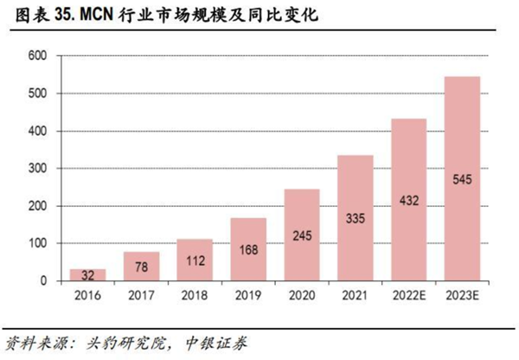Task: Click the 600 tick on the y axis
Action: pos(37,56)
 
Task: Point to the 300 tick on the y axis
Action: pos(37,169)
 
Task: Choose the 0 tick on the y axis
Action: pos(43,281)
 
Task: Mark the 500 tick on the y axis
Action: pos(37,93)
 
